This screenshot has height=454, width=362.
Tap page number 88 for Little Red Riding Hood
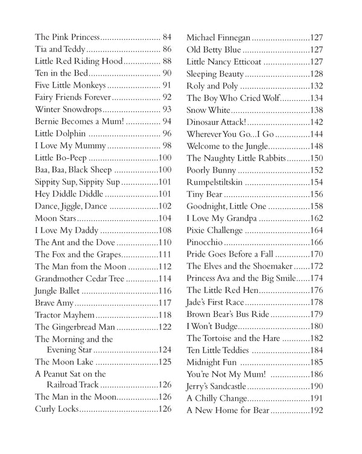click(x=167, y=61)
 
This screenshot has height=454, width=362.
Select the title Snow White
click(x=208, y=110)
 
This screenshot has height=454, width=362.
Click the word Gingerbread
click(x=74, y=326)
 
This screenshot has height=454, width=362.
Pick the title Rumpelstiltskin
click(x=216, y=182)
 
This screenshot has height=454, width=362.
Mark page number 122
click(x=165, y=326)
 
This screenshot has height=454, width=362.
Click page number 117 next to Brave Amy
click(x=165, y=302)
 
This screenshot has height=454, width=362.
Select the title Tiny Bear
click(x=205, y=194)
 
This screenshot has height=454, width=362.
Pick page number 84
click(x=167, y=37)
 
